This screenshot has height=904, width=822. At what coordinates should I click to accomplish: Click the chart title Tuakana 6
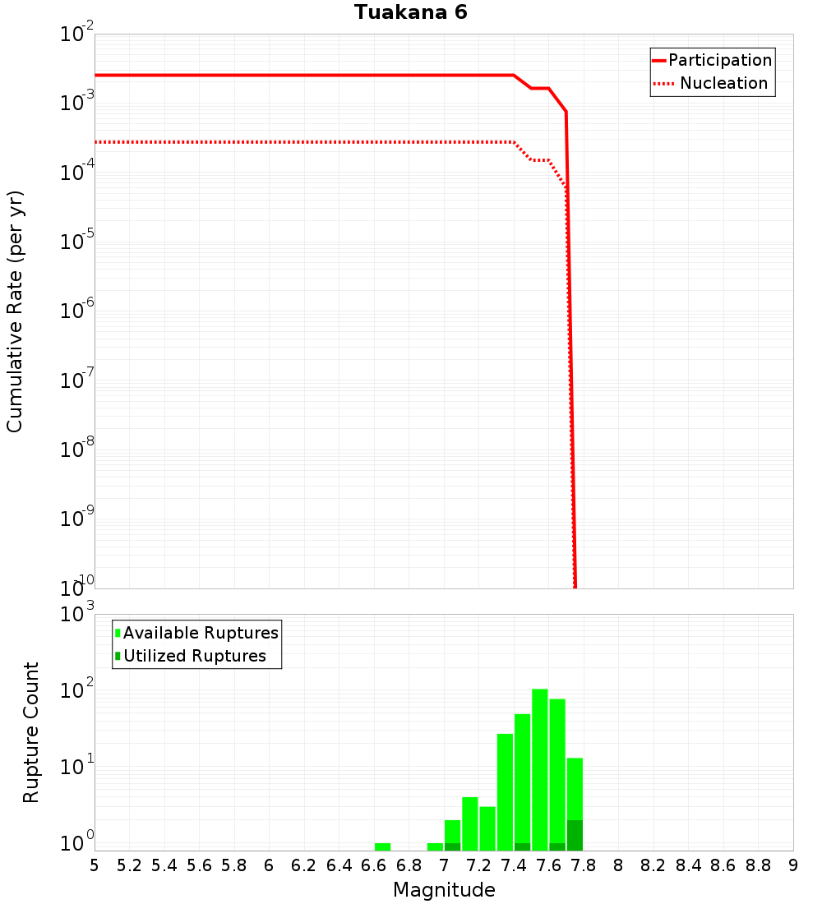[x=411, y=13]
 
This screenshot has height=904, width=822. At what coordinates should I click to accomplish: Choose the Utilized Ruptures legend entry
[x=194, y=656]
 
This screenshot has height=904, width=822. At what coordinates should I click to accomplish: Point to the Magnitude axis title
[x=444, y=890]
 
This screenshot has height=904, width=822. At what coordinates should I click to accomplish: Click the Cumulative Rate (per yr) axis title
[x=15, y=311]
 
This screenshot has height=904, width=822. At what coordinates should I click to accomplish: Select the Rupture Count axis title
[x=31, y=731]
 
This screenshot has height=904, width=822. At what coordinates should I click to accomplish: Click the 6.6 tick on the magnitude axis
[x=374, y=865]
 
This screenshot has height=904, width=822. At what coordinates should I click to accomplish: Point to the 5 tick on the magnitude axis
[x=95, y=865]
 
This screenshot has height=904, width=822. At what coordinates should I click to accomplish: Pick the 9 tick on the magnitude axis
[x=793, y=865]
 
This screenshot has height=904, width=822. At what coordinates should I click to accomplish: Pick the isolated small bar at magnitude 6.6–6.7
[x=382, y=846]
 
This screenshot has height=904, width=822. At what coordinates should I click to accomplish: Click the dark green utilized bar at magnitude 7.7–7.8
[x=575, y=835]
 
